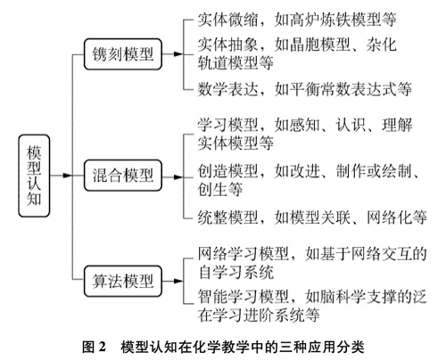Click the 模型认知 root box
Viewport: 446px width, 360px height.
34,176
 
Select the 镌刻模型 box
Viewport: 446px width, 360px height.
123,54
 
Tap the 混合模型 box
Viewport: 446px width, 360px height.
123,176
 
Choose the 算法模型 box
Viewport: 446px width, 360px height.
123,281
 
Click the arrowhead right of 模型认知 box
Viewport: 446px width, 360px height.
68,176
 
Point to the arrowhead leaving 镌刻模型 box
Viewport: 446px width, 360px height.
178,54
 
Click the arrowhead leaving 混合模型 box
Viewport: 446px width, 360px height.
178,177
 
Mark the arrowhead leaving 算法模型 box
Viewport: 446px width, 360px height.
178,281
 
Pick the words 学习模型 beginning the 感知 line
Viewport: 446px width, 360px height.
228,125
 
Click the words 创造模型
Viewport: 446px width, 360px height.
228,171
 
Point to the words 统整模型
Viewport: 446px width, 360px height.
228,217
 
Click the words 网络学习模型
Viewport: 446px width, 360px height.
244,254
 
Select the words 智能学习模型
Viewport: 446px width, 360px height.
244,297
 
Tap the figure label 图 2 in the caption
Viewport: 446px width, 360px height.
94,347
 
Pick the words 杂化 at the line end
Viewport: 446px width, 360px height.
381,45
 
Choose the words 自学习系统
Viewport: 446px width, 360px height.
235,272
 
